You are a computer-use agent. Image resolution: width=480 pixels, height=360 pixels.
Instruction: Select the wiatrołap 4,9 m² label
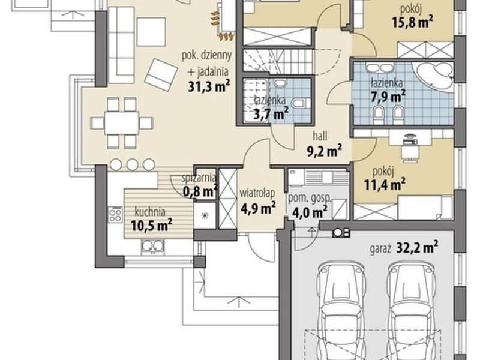(x=258, y=201)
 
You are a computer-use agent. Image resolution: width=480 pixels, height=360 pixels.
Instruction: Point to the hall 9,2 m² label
(x=324, y=143)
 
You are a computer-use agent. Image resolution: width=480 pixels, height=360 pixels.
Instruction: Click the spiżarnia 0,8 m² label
(x=200, y=186)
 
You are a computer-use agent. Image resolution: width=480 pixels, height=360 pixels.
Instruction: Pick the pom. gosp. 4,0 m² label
(x=310, y=205)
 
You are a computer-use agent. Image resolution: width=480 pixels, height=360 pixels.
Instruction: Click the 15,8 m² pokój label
(x=412, y=16)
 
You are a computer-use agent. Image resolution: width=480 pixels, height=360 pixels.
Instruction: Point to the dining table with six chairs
(x=122, y=123)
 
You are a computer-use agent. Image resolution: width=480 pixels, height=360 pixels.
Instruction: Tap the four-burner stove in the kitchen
(x=115, y=214)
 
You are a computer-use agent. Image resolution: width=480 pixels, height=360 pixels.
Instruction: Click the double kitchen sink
(x=152, y=247)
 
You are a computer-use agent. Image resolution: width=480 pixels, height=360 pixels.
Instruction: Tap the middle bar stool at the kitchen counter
(x=133, y=164)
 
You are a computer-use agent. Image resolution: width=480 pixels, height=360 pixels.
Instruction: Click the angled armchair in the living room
(x=161, y=74)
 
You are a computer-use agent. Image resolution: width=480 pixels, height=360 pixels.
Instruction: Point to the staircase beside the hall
(x=278, y=62)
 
